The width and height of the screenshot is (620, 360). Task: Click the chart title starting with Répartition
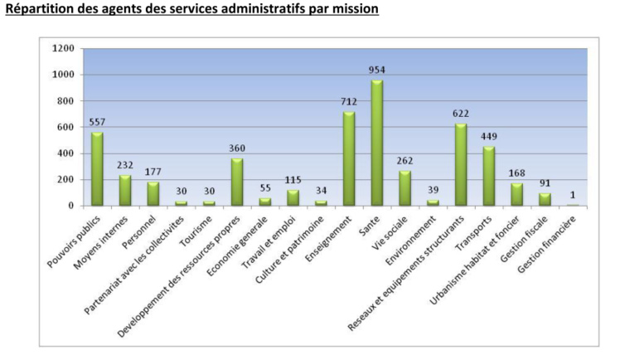click(191, 10)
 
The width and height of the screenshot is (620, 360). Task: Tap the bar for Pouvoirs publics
click(97, 169)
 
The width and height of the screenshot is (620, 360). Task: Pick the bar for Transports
click(489, 176)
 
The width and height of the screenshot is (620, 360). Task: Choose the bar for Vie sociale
click(404, 188)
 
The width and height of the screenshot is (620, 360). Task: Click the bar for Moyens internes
click(125, 190)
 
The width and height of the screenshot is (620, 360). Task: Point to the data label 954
click(376, 71)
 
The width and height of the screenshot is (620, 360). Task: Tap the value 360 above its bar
click(237, 148)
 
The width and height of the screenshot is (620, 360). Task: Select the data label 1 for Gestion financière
click(573, 195)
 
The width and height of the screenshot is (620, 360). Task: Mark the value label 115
click(293, 181)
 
